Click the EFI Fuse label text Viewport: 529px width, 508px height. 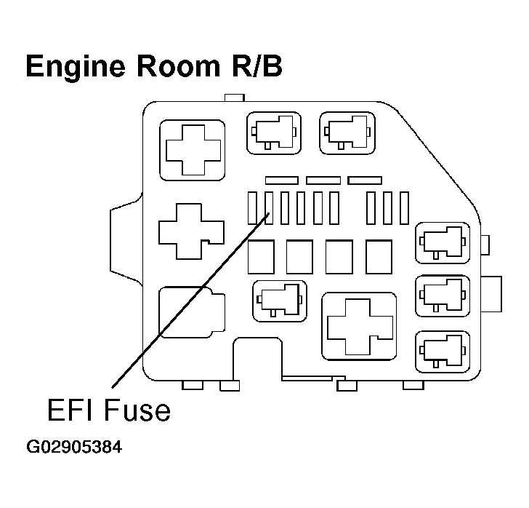tap(109, 410)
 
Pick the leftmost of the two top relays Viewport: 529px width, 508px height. tap(273, 132)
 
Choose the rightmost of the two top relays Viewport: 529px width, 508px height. tap(346, 132)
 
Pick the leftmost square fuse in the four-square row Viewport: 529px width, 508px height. tap(261, 257)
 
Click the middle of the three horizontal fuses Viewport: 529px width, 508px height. tap(323, 180)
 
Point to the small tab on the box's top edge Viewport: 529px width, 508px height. tap(235, 98)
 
